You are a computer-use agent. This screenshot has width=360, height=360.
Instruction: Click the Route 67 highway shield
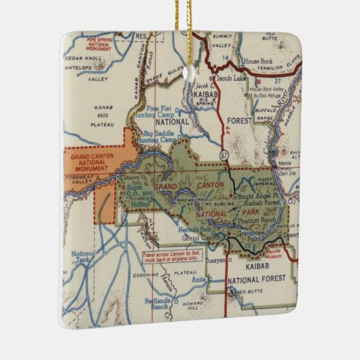224,156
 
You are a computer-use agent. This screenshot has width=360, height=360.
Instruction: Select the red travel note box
169,260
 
